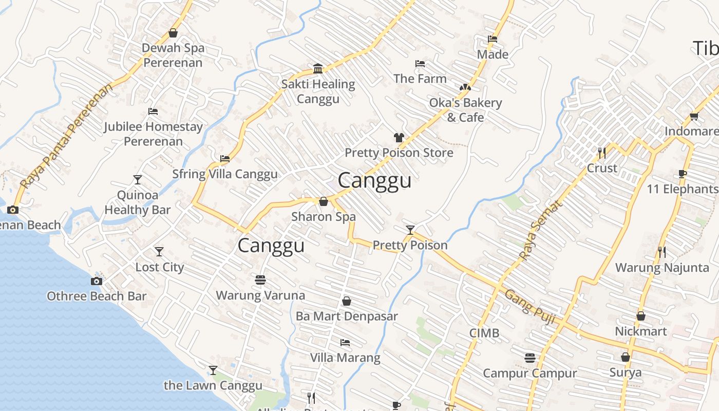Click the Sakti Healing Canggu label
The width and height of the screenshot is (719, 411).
pos(318,91)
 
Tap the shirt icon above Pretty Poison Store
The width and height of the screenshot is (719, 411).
pos(399,137)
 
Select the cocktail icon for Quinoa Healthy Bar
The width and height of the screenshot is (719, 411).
pos(137,179)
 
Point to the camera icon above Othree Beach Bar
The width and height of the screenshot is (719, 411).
pos(96,281)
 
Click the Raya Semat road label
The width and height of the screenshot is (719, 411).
pos(540,230)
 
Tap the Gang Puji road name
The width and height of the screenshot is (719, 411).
pos(530,307)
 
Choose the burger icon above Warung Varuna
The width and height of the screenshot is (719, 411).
pos(260,280)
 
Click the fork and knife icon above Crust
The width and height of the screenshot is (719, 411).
pos(602,153)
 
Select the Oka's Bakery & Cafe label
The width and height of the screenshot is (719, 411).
pos(465,110)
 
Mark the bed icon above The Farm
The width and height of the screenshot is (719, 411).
pos(420,64)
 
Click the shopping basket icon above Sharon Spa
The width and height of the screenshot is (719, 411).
pos(324,201)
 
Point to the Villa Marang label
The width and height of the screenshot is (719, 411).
pos(345,358)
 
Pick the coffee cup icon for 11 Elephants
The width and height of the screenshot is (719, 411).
pos(682,174)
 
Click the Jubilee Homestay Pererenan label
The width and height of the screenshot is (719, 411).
pos(153,134)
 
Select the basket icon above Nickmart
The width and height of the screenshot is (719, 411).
pos(640,316)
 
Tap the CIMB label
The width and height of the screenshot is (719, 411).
pos(484,333)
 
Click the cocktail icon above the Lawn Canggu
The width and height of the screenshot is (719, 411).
pos(213,370)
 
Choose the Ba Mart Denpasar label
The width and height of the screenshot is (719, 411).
pos(347,316)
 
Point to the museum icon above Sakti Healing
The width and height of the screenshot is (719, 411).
pos(318,69)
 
